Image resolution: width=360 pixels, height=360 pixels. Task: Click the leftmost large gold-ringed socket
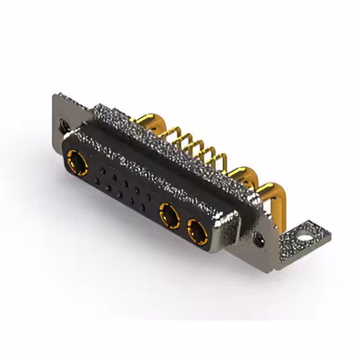pos(78,164)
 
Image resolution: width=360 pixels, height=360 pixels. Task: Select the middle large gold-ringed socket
pos(168,214)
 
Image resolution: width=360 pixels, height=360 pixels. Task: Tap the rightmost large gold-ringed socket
pos(196,230)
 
